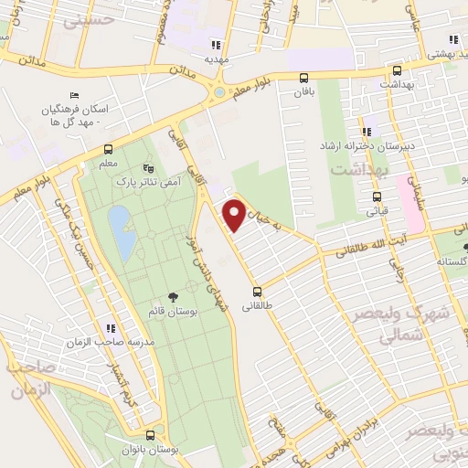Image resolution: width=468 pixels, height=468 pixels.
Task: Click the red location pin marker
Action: [235, 214]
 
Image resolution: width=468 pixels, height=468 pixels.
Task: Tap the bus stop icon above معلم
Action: [109, 150]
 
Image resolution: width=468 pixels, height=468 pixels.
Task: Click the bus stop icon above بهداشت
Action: [396, 69]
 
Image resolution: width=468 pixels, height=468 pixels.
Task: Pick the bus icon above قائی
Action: [376, 196]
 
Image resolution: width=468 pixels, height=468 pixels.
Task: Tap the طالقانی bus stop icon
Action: [257, 292]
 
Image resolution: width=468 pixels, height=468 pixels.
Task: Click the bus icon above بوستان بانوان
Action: [150, 435]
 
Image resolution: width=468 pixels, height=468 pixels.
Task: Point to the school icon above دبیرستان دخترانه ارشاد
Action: [367, 131]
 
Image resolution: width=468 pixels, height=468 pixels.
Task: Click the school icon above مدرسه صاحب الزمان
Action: [111, 328]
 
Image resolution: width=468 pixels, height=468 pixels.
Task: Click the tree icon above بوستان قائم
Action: [172, 297]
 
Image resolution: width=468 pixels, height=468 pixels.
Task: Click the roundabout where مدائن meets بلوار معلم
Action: [218, 92]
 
